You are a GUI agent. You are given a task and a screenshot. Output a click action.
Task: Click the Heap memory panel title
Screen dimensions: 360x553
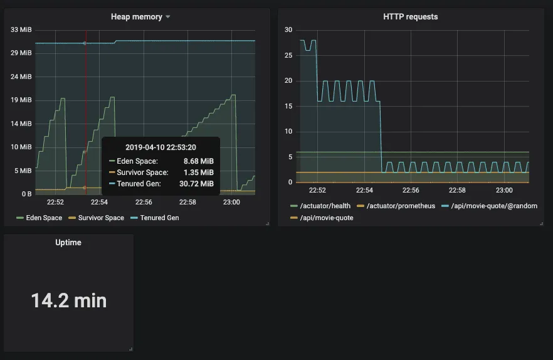coord(136,17)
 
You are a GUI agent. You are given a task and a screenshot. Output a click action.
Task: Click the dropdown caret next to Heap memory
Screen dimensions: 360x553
coord(167,17)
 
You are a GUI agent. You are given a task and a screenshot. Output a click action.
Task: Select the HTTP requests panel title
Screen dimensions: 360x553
coord(410,17)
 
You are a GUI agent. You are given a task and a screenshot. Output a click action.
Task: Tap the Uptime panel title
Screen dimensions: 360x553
coord(68,242)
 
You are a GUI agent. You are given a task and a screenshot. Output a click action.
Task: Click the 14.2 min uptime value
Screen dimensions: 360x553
coord(69,300)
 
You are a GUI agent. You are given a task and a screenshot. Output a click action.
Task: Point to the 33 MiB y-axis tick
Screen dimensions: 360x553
coord(21,29)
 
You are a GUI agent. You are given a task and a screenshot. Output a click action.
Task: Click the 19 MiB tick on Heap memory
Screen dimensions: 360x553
coord(21,100)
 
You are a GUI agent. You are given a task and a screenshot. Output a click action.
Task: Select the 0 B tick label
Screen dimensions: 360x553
coord(26,194)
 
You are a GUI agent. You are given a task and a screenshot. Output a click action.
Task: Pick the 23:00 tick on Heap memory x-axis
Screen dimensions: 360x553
coord(231,202)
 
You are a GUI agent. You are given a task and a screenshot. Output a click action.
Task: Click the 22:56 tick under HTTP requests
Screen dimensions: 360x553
coord(411,190)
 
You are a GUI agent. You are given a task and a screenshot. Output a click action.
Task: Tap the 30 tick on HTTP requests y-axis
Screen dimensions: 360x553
coord(288,29)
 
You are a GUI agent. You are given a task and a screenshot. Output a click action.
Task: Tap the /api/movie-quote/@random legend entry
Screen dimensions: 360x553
coord(492,206)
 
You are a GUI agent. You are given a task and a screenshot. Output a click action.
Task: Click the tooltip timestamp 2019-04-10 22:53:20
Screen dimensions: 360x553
coord(161,147)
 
